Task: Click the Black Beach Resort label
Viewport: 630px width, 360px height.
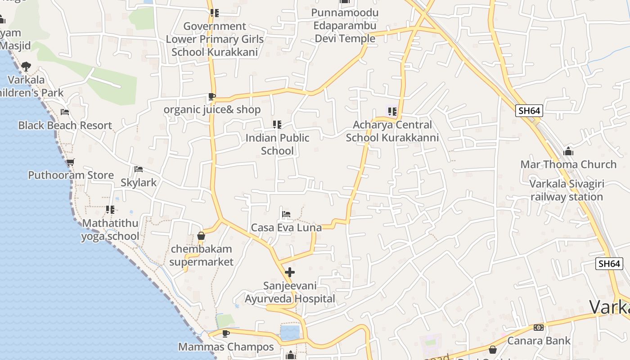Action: [x=65, y=126]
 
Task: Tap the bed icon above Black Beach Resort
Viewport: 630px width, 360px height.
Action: [x=65, y=112]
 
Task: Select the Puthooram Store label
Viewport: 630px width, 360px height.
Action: [x=71, y=175]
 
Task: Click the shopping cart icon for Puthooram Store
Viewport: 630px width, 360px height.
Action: [x=70, y=162]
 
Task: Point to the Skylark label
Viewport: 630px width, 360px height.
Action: [x=139, y=182]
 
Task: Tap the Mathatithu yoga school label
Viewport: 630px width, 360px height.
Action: [x=110, y=229]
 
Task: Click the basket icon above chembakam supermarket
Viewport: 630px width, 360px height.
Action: [x=201, y=236]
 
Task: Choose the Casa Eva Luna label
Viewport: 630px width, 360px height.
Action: [x=286, y=228]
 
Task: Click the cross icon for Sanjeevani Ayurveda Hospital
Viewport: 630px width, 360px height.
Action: [x=290, y=272]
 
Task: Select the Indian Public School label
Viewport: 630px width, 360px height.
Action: [x=277, y=144]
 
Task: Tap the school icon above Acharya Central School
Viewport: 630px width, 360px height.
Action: [x=392, y=111]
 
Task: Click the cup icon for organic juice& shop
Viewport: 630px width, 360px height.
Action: [x=212, y=96]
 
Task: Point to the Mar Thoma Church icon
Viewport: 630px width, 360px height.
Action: [x=568, y=151]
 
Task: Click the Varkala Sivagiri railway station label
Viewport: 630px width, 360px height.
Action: [x=567, y=190]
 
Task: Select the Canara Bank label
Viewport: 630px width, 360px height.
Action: [x=539, y=341]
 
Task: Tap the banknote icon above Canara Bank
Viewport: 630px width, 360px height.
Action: [x=539, y=328]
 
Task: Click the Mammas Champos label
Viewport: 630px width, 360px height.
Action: [x=226, y=347]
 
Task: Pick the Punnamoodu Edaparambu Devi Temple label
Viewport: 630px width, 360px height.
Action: [x=345, y=26]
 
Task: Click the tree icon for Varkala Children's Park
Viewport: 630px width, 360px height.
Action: [x=26, y=67]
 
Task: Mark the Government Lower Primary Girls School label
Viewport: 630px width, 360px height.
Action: [x=215, y=39]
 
